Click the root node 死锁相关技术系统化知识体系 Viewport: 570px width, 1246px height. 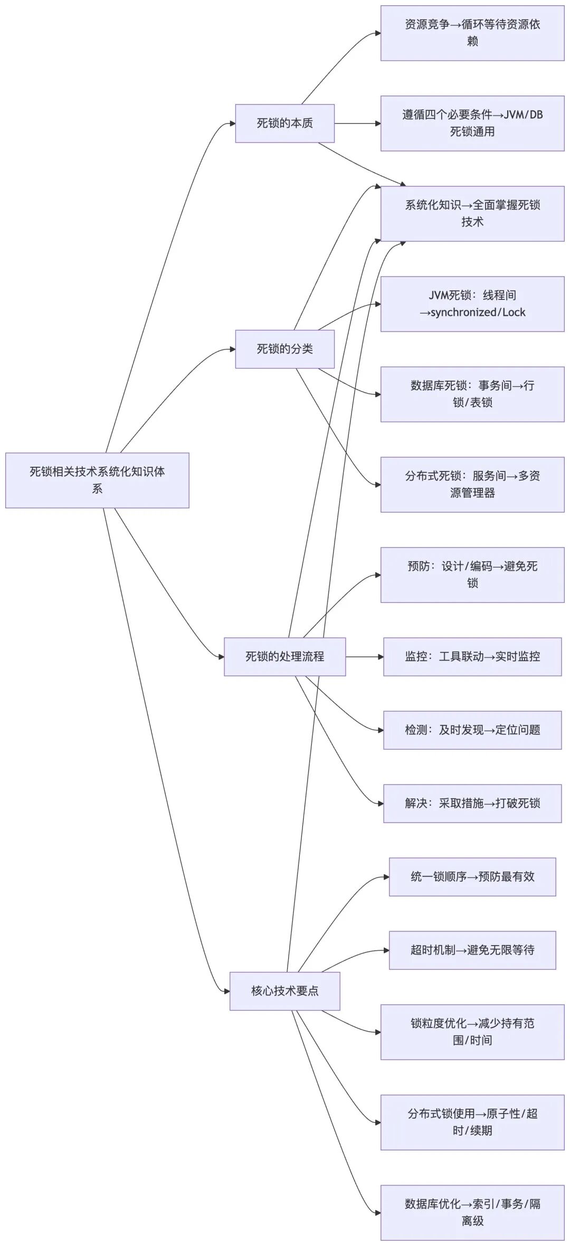[97, 480]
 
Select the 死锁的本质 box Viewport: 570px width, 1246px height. [284, 123]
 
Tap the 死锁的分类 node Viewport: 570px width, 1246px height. [284, 348]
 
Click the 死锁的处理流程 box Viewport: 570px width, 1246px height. [284, 656]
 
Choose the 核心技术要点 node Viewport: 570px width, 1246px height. [284, 990]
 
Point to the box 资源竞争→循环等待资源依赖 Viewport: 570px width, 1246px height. [472, 33]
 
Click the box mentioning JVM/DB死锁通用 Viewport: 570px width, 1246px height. [472, 123]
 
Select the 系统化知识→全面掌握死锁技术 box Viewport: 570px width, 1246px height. [472, 213]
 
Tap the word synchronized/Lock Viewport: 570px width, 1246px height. [478, 313]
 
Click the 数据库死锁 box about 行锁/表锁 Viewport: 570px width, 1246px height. [472, 394]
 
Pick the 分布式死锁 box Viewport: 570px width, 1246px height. [472, 484]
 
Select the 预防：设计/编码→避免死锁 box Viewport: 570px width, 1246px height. [472, 574]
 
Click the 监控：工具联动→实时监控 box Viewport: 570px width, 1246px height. [472, 656]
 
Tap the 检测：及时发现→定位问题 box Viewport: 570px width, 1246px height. [472, 730]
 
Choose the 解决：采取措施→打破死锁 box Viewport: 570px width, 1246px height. [472, 803]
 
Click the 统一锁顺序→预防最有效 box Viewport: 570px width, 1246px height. [472, 876]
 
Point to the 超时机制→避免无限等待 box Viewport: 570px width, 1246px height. [472, 950]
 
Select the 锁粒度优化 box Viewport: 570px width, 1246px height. [472, 1032]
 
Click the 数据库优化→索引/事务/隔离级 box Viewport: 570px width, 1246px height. [472, 1212]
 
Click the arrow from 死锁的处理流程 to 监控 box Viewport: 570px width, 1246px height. [365, 656]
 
